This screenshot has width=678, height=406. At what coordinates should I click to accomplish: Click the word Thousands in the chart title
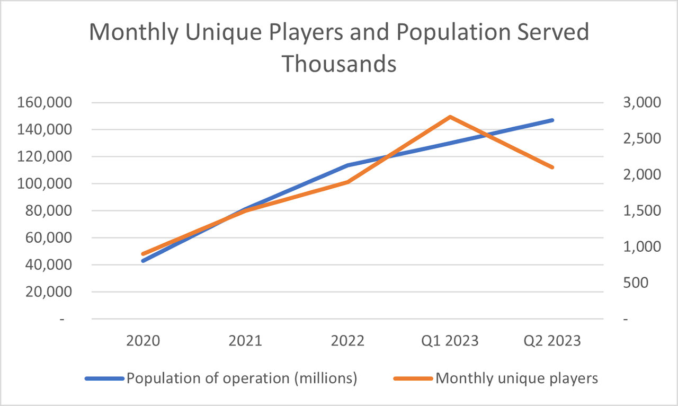pos(338,64)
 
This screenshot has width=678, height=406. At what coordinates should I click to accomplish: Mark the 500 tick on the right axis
pos(636,283)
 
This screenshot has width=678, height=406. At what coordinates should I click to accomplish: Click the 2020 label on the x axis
pos(143,340)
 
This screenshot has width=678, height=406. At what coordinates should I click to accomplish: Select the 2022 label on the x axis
pos(347,340)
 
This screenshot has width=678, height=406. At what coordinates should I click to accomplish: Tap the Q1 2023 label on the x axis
pos(450,340)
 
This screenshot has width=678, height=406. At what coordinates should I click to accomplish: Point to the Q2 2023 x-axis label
pos(552,340)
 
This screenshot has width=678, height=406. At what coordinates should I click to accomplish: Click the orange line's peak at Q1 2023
pos(450,117)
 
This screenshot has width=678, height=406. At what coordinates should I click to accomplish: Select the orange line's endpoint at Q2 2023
pos(552,167)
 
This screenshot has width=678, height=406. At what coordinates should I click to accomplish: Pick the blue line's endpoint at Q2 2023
pos(552,120)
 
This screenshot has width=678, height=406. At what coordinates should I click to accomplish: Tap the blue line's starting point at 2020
pos(143,260)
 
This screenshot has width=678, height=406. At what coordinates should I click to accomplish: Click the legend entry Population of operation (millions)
pos(241,378)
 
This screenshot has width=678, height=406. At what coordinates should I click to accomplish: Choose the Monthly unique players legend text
pos(516,378)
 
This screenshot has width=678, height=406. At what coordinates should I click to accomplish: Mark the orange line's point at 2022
pos(347,182)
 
